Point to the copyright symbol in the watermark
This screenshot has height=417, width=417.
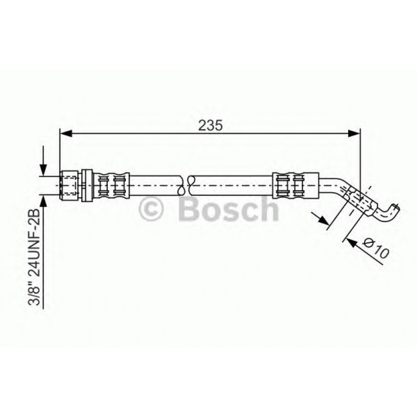coord(152,209)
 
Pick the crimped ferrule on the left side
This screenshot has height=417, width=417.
coord(111,184)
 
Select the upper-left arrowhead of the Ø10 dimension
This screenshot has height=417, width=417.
coord(325,222)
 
